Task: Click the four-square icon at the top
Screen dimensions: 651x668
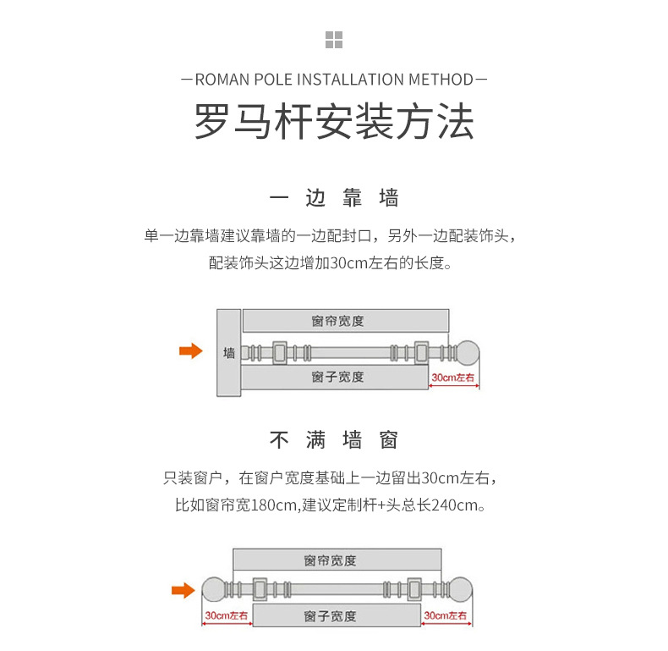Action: (x=334, y=39)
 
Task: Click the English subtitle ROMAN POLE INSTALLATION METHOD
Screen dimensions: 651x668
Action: (x=334, y=80)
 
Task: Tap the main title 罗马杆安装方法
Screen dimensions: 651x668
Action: (x=334, y=122)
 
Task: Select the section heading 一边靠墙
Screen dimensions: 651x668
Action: (x=334, y=199)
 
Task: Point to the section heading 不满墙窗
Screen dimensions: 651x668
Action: (x=334, y=441)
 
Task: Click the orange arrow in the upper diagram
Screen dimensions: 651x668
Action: (x=191, y=351)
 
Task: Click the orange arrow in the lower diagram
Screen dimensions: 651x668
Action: (x=183, y=590)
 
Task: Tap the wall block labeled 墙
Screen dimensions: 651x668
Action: (x=229, y=352)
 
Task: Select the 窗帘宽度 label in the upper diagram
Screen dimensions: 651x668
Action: (x=337, y=321)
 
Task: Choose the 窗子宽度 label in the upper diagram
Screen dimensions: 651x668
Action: (x=337, y=377)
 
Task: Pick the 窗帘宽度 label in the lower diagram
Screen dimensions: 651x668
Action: (x=331, y=560)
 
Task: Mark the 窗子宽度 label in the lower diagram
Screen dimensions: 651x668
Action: (x=331, y=615)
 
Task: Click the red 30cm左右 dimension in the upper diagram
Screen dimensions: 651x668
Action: (x=453, y=378)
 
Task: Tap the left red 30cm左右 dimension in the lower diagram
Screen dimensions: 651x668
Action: (x=225, y=616)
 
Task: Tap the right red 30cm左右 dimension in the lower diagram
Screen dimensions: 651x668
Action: (x=445, y=616)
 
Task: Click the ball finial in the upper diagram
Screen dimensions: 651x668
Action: (x=468, y=352)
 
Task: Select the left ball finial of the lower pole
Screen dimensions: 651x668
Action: (x=213, y=590)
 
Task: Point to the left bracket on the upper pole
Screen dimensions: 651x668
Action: (x=280, y=352)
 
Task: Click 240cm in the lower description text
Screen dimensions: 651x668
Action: (x=456, y=505)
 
